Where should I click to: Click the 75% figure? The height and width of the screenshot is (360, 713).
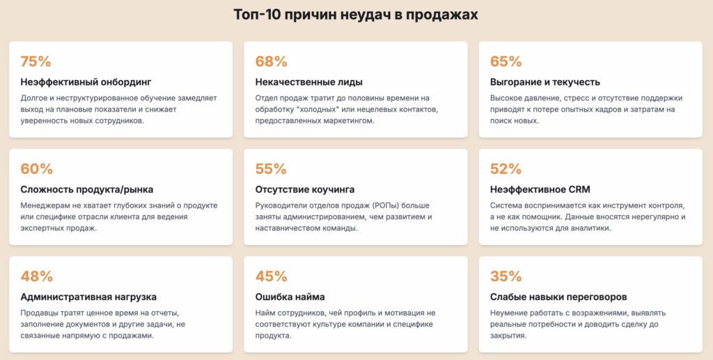tap(36, 61)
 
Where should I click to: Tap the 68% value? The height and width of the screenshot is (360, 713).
tap(272, 61)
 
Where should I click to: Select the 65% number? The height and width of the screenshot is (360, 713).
tap(506, 61)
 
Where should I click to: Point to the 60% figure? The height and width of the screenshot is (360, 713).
tap(37, 169)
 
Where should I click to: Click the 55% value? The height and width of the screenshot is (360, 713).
tap(271, 169)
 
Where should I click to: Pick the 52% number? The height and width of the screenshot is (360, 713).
tap(506, 169)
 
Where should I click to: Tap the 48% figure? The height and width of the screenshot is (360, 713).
tap(37, 276)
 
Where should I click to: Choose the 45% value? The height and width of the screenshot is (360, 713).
tap(272, 276)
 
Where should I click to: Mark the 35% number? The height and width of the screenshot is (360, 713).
tap(506, 276)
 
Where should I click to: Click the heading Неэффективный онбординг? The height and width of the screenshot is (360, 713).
tap(86, 82)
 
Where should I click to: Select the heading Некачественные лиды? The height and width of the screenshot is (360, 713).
tap(309, 82)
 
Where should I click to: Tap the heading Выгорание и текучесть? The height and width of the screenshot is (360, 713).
tap(545, 82)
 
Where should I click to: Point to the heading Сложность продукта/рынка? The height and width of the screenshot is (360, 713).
tap(87, 189)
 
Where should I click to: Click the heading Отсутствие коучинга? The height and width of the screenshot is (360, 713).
tap(305, 189)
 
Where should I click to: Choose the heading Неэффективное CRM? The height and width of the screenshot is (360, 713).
tap(540, 189)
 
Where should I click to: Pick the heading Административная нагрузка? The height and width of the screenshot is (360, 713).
tap(88, 297)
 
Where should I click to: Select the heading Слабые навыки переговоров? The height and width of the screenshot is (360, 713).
tap(558, 297)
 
